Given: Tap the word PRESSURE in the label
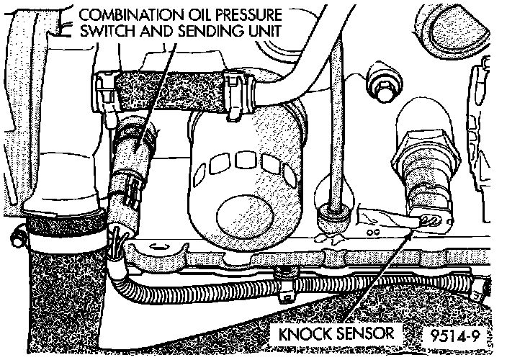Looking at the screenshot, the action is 245,14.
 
